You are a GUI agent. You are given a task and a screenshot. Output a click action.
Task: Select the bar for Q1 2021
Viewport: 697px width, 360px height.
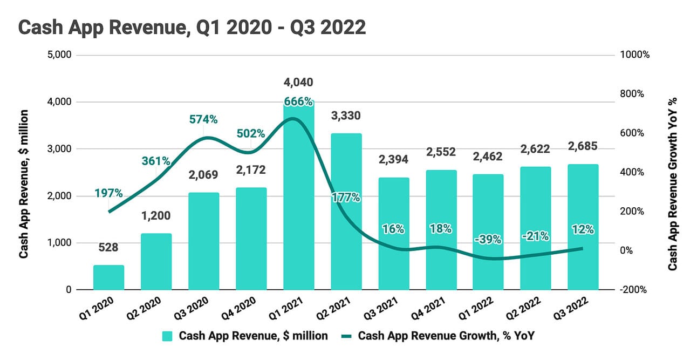pyautogui.click(x=298, y=194)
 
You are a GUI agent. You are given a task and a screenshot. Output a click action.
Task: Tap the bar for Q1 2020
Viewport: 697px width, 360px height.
pyautogui.click(x=108, y=277)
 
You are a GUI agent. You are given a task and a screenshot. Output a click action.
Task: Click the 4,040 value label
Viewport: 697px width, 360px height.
pyautogui.click(x=298, y=83)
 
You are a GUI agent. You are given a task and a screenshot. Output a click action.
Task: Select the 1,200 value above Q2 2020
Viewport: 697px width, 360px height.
pyautogui.click(x=156, y=216)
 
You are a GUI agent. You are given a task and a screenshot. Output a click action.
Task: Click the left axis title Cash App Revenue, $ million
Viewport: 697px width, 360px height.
pyautogui.click(x=24, y=184)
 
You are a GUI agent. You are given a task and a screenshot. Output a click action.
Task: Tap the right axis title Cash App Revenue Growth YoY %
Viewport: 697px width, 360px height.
pyautogui.click(x=673, y=184)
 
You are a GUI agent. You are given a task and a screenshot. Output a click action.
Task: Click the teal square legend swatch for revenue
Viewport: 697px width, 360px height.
pyautogui.click(x=168, y=336)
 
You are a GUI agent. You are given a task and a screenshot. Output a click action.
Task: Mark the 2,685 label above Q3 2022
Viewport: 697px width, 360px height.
pyautogui.click(x=583, y=146)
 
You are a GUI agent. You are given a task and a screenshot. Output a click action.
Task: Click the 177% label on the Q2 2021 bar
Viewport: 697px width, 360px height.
pyautogui.click(x=346, y=197)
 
